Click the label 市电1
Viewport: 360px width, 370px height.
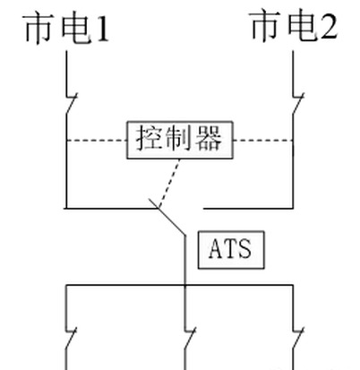(66, 28)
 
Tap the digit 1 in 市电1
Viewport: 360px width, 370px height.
(102, 29)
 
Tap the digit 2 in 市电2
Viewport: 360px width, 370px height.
(330, 26)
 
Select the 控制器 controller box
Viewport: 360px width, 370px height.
(180, 140)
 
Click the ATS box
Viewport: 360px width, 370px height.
(231, 250)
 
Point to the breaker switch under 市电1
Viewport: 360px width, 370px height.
(71, 103)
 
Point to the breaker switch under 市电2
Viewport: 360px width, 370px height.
(298, 103)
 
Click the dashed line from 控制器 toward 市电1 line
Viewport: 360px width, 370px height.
(97, 140)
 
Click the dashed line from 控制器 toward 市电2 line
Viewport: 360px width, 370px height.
(262, 140)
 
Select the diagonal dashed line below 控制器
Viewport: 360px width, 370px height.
(169, 183)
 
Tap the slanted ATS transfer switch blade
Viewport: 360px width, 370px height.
(167, 217)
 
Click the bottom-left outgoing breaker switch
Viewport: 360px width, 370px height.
(71, 338)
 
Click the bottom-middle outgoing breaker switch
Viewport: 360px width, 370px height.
(190, 338)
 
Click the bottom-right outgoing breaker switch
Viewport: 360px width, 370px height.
(298, 338)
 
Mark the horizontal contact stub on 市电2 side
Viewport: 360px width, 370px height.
(248, 208)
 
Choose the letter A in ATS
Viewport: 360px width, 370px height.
(216, 249)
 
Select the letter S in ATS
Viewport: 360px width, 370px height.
(244, 249)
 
